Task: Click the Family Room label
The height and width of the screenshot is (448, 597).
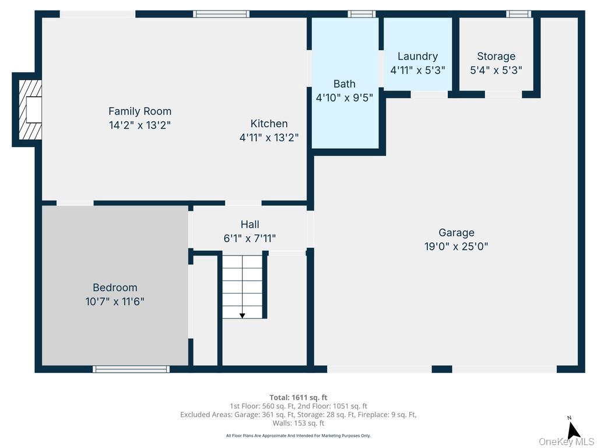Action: pos(140,111)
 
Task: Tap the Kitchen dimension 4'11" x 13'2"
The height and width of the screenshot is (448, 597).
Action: pos(269,138)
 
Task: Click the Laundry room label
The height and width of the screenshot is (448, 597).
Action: pos(417,56)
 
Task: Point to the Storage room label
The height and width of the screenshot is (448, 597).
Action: pos(496,56)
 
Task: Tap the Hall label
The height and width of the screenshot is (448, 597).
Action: pos(250,224)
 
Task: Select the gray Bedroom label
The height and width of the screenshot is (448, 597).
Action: pos(115,288)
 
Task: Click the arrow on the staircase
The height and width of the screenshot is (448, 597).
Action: pos(243,314)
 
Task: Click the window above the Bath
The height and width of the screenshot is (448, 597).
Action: pos(361,14)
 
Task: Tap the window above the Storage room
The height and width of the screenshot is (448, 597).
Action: pos(518,14)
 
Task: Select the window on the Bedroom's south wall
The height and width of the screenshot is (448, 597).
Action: pos(131,369)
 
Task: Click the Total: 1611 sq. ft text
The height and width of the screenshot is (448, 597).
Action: pos(298,397)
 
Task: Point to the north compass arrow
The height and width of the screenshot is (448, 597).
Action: pos(573,430)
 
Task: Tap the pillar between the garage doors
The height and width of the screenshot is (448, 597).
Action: pos(442,369)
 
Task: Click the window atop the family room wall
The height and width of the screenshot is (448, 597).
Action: pos(222,14)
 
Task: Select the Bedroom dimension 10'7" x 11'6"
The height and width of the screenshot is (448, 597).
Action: pos(115,302)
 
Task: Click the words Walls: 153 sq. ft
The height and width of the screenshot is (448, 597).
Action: pos(298,423)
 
